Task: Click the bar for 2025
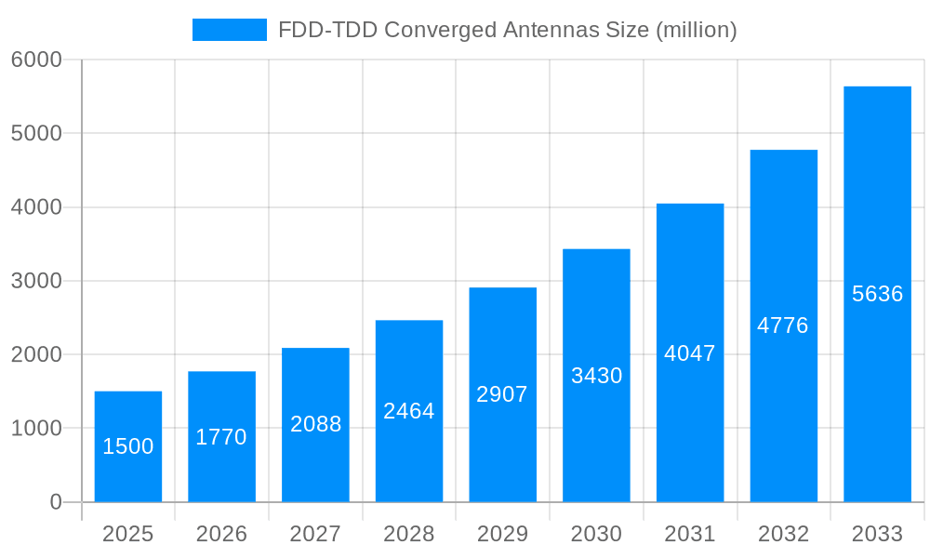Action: pyautogui.click(x=128, y=446)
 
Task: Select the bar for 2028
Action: pyautogui.click(x=409, y=411)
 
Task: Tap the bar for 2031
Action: pyautogui.click(x=690, y=352)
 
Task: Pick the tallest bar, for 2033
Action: pyautogui.click(x=877, y=294)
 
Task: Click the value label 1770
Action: pyautogui.click(x=221, y=437)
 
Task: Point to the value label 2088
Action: pyautogui.click(x=316, y=424)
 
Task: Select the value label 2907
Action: pyautogui.click(x=502, y=394)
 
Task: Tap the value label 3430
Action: pyautogui.click(x=596, y=376)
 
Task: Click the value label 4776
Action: pyautogui.click(x=783, y=325)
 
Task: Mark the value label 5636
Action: pyautogui.click(x=877, y=294)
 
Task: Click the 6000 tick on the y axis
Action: pyautogui.click(x=36, y=60)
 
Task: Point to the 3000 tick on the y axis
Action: pyautogui.click(x=36, y=281)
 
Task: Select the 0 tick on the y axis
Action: pyautogui.click(x=55, y=502)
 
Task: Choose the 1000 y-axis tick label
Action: pyautogui.click(x=36, y=429)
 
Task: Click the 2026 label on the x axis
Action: pyautogui.click(x=221, y=534)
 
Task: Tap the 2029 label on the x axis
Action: pyautogui.click(x=502, y=534)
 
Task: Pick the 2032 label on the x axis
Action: pyautogui.click(x=783, y=534)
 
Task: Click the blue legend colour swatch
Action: pyautogui.click(x=229, y=30)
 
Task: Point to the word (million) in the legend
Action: pyautogui.click(x=697, y=30)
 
